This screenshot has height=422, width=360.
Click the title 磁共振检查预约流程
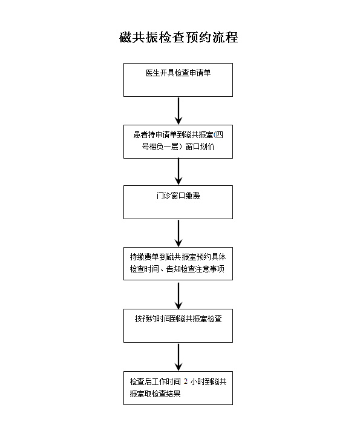178,38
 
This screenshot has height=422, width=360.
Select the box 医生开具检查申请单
178,80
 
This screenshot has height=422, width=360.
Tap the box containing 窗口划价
178,142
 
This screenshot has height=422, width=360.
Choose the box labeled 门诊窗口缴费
178,202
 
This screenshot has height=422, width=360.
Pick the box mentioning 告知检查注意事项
178,264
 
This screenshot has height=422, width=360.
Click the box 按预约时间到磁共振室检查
178,326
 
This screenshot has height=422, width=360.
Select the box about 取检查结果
178,388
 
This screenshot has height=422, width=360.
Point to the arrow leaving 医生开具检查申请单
178,111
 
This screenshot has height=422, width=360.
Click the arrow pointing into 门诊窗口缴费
178,171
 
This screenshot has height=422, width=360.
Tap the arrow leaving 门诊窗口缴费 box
178,233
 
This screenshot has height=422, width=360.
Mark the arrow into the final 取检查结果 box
178,357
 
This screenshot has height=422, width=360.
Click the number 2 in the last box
186,381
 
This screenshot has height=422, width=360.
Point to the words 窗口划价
200,147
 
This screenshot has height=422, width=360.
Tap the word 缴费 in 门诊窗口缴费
193,196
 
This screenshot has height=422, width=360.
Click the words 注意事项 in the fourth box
210,269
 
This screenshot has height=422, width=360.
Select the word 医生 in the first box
153,73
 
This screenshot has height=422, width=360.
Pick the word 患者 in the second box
140,134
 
